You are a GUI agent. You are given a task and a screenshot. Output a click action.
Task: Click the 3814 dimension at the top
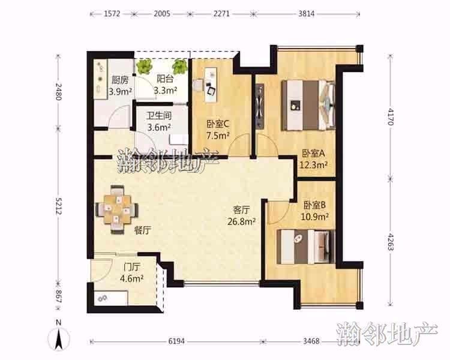point(306,13)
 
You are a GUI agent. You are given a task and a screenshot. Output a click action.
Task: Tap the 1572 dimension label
point(112,13)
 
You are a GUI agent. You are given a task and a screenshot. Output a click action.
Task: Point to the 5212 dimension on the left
point(59,206)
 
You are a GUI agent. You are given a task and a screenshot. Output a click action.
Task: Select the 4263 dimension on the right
point(390,242)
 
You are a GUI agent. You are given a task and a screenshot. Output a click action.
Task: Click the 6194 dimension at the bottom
point(176,341)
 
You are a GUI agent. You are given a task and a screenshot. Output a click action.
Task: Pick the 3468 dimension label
point(311,341)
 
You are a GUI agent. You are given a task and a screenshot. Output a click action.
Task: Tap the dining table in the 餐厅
point(117,209)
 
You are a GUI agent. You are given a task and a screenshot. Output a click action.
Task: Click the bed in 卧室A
point(308,106)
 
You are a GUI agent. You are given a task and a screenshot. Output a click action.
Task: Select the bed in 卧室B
point(306,247)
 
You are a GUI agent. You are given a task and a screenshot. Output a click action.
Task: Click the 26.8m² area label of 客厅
point(242,221)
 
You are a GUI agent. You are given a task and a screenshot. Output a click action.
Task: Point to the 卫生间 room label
point(159,116)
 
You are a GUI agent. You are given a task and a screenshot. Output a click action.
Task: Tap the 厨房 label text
point(120,80)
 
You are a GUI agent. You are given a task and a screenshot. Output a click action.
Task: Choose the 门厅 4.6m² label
point(132,273)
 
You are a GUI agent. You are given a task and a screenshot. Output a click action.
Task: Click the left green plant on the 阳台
point(144,67)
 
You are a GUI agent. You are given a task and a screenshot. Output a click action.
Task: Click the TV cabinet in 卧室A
point(260,106)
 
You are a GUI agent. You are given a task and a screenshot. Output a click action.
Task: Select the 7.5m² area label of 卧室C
point(218,136)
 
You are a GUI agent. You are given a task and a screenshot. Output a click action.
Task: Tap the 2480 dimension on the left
point(59,91)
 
